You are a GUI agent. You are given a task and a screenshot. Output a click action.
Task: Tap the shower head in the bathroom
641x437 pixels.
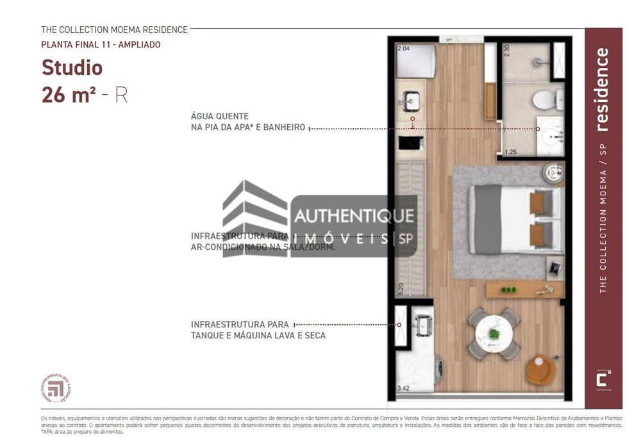click(x=542, y=63)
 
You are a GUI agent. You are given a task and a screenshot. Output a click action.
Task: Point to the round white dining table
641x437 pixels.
click(x=494, y=334)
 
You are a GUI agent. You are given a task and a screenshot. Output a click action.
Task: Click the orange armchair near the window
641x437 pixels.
click(x=540, y=370)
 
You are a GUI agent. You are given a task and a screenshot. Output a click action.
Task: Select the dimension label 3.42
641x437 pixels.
click(x=404, y=388)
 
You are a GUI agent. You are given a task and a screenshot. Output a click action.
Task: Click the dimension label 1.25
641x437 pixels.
click(x=511, y=152)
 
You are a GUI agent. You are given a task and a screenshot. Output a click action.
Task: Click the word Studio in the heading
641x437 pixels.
click(x=72, y=67)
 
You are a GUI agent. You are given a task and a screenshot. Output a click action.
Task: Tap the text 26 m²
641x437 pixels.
click(x=69, y=95)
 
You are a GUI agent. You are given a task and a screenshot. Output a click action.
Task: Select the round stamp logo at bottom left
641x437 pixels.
click(x=56, y=388)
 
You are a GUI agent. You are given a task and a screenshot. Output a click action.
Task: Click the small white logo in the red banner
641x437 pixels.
click(x=603, y=379)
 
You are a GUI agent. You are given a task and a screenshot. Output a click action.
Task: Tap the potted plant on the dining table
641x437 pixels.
click(x=494, y=334)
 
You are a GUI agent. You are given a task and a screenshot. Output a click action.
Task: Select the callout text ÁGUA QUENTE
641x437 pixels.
click(x=219, y=117)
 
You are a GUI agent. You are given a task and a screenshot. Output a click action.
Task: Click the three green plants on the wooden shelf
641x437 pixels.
click(x=508, y=290)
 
